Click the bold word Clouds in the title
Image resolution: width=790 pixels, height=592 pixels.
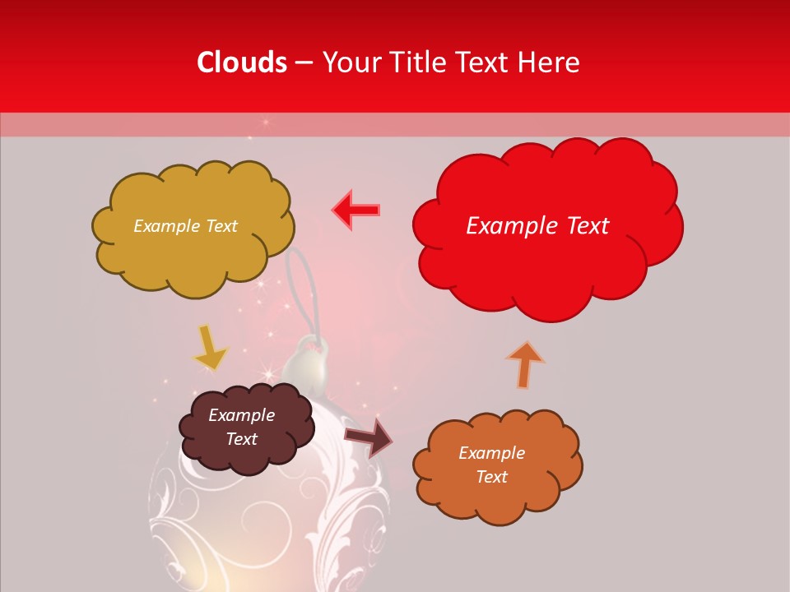coord(242,62)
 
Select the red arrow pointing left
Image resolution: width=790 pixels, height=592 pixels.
coord(356,210)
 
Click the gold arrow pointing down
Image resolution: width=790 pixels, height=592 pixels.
coord(209,348)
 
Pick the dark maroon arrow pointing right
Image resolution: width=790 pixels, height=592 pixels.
coord(369,437)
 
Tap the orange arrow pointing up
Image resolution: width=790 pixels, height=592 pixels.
coord(525,364)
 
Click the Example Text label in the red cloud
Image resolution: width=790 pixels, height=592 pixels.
coord(537,226)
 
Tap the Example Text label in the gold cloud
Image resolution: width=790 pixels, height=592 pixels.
coord(185,226)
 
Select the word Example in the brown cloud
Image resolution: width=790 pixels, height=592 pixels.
coord(241,415)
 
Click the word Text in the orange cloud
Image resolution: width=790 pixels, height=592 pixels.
coord(491,477)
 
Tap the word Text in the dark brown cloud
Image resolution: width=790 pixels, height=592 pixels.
coord(242,439)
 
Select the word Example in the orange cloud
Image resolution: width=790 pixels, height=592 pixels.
coord(491,453)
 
